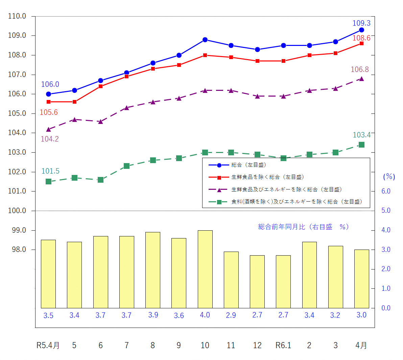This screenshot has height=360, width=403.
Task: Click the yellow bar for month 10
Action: [205, 269]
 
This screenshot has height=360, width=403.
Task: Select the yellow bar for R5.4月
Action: [48, 274]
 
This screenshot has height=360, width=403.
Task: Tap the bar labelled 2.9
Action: [231, 280]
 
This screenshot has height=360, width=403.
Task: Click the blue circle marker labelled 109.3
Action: [361, 30]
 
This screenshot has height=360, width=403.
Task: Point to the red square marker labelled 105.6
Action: [48, 102]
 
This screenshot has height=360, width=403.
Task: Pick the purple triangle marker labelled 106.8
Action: [361, 79]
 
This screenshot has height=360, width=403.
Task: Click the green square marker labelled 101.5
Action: [48, 182]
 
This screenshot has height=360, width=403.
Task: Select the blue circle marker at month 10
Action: [205, 40]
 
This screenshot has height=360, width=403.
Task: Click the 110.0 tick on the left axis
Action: [17, 16]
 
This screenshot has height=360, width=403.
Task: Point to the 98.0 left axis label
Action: [19, 250]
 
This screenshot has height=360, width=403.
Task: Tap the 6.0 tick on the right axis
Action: [386, 191]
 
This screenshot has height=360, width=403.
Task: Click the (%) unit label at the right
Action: [389, 177]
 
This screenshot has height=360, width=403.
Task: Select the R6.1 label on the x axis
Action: [283, 345]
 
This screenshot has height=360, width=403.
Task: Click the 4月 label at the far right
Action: [361, 345]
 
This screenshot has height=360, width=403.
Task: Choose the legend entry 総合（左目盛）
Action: [249, 165]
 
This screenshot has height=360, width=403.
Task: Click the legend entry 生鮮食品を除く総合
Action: [267, 177]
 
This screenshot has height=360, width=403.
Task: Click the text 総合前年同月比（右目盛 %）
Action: [303, 227]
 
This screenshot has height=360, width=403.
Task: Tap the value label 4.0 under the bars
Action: [205, 315]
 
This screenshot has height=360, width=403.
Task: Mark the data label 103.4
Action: [361, 135]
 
